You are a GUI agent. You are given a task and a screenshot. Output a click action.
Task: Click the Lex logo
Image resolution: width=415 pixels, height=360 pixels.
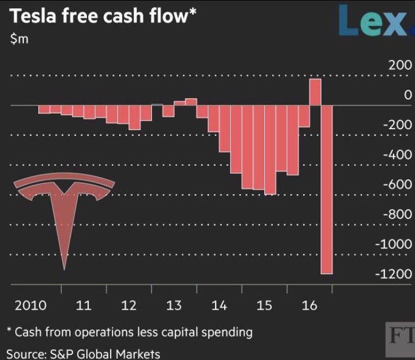[x=375, y=20]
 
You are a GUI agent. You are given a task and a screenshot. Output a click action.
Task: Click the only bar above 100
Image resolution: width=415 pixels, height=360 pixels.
[x=315, y=92]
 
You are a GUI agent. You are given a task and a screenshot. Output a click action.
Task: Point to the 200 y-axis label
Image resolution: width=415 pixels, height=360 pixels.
[x=400, y=65]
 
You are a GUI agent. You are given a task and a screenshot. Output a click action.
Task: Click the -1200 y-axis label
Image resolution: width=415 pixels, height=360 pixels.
[x=394, y=274]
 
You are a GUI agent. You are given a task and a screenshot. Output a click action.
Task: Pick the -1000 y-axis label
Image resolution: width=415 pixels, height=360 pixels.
[x=394, y=244]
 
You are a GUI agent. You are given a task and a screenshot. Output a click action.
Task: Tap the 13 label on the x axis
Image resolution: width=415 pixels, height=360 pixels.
[x=174, y=306]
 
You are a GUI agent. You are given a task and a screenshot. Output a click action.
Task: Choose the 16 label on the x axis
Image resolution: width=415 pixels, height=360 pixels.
[x=309, y=306]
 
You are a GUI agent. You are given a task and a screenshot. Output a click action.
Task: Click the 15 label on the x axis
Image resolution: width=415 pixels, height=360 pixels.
[x=264, y=306]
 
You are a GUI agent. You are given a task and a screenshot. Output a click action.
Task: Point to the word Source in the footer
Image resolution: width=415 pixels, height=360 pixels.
[x=25, y=354]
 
